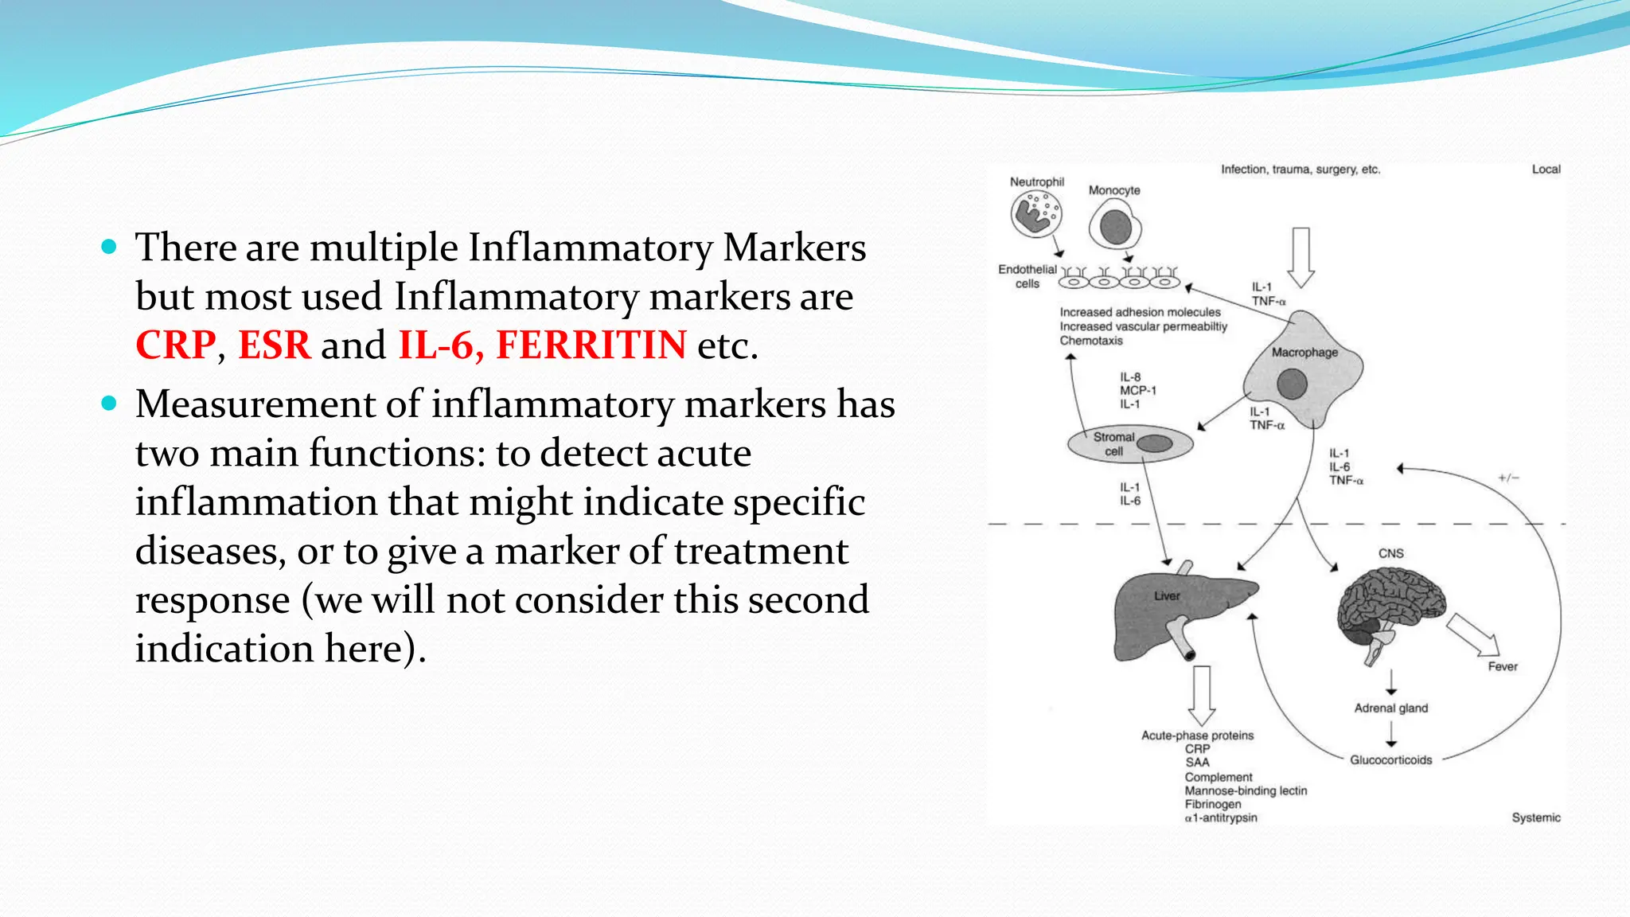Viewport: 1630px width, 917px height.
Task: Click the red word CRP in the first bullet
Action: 175,345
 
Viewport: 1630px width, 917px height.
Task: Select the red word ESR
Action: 274,345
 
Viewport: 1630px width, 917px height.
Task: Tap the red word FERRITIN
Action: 591,345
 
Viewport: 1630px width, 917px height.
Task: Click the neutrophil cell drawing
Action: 1036,214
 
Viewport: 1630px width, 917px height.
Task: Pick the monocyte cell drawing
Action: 1115,226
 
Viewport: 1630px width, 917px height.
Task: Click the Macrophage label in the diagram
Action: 1304,353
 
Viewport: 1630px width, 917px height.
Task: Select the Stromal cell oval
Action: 1129,444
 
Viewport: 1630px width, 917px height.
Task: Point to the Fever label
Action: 1503,667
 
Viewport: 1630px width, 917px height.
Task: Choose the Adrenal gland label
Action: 1390,708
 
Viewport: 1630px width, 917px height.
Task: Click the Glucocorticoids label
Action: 1390,760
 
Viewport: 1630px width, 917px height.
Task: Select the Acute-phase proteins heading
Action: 1197,736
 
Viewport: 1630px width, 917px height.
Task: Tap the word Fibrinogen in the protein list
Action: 1212,804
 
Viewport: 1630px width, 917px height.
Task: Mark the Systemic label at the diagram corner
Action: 1535,817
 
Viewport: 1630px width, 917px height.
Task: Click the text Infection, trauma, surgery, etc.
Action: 1300,170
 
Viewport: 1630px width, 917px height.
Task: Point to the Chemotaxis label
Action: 1090,341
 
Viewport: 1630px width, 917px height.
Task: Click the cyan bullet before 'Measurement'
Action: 110,404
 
